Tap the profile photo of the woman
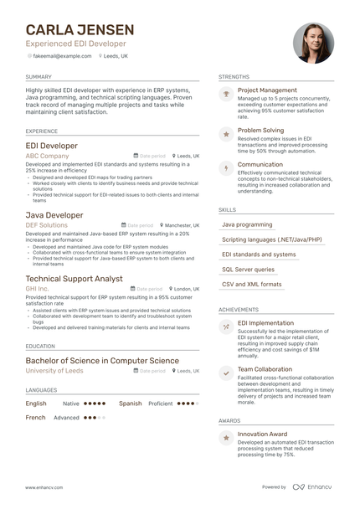coord(313,43)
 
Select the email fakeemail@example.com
coord(62,55)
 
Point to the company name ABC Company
coord(48,156)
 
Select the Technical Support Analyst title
coord(75,278)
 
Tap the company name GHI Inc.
coord(38,288)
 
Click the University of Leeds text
coord(55,370)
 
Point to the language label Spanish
coord(130,403)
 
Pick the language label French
coord(35,417)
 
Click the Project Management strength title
coord(267,90)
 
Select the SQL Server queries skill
coord(248,270)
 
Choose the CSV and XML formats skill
coord(252,285)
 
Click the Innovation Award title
coord(262,434)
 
